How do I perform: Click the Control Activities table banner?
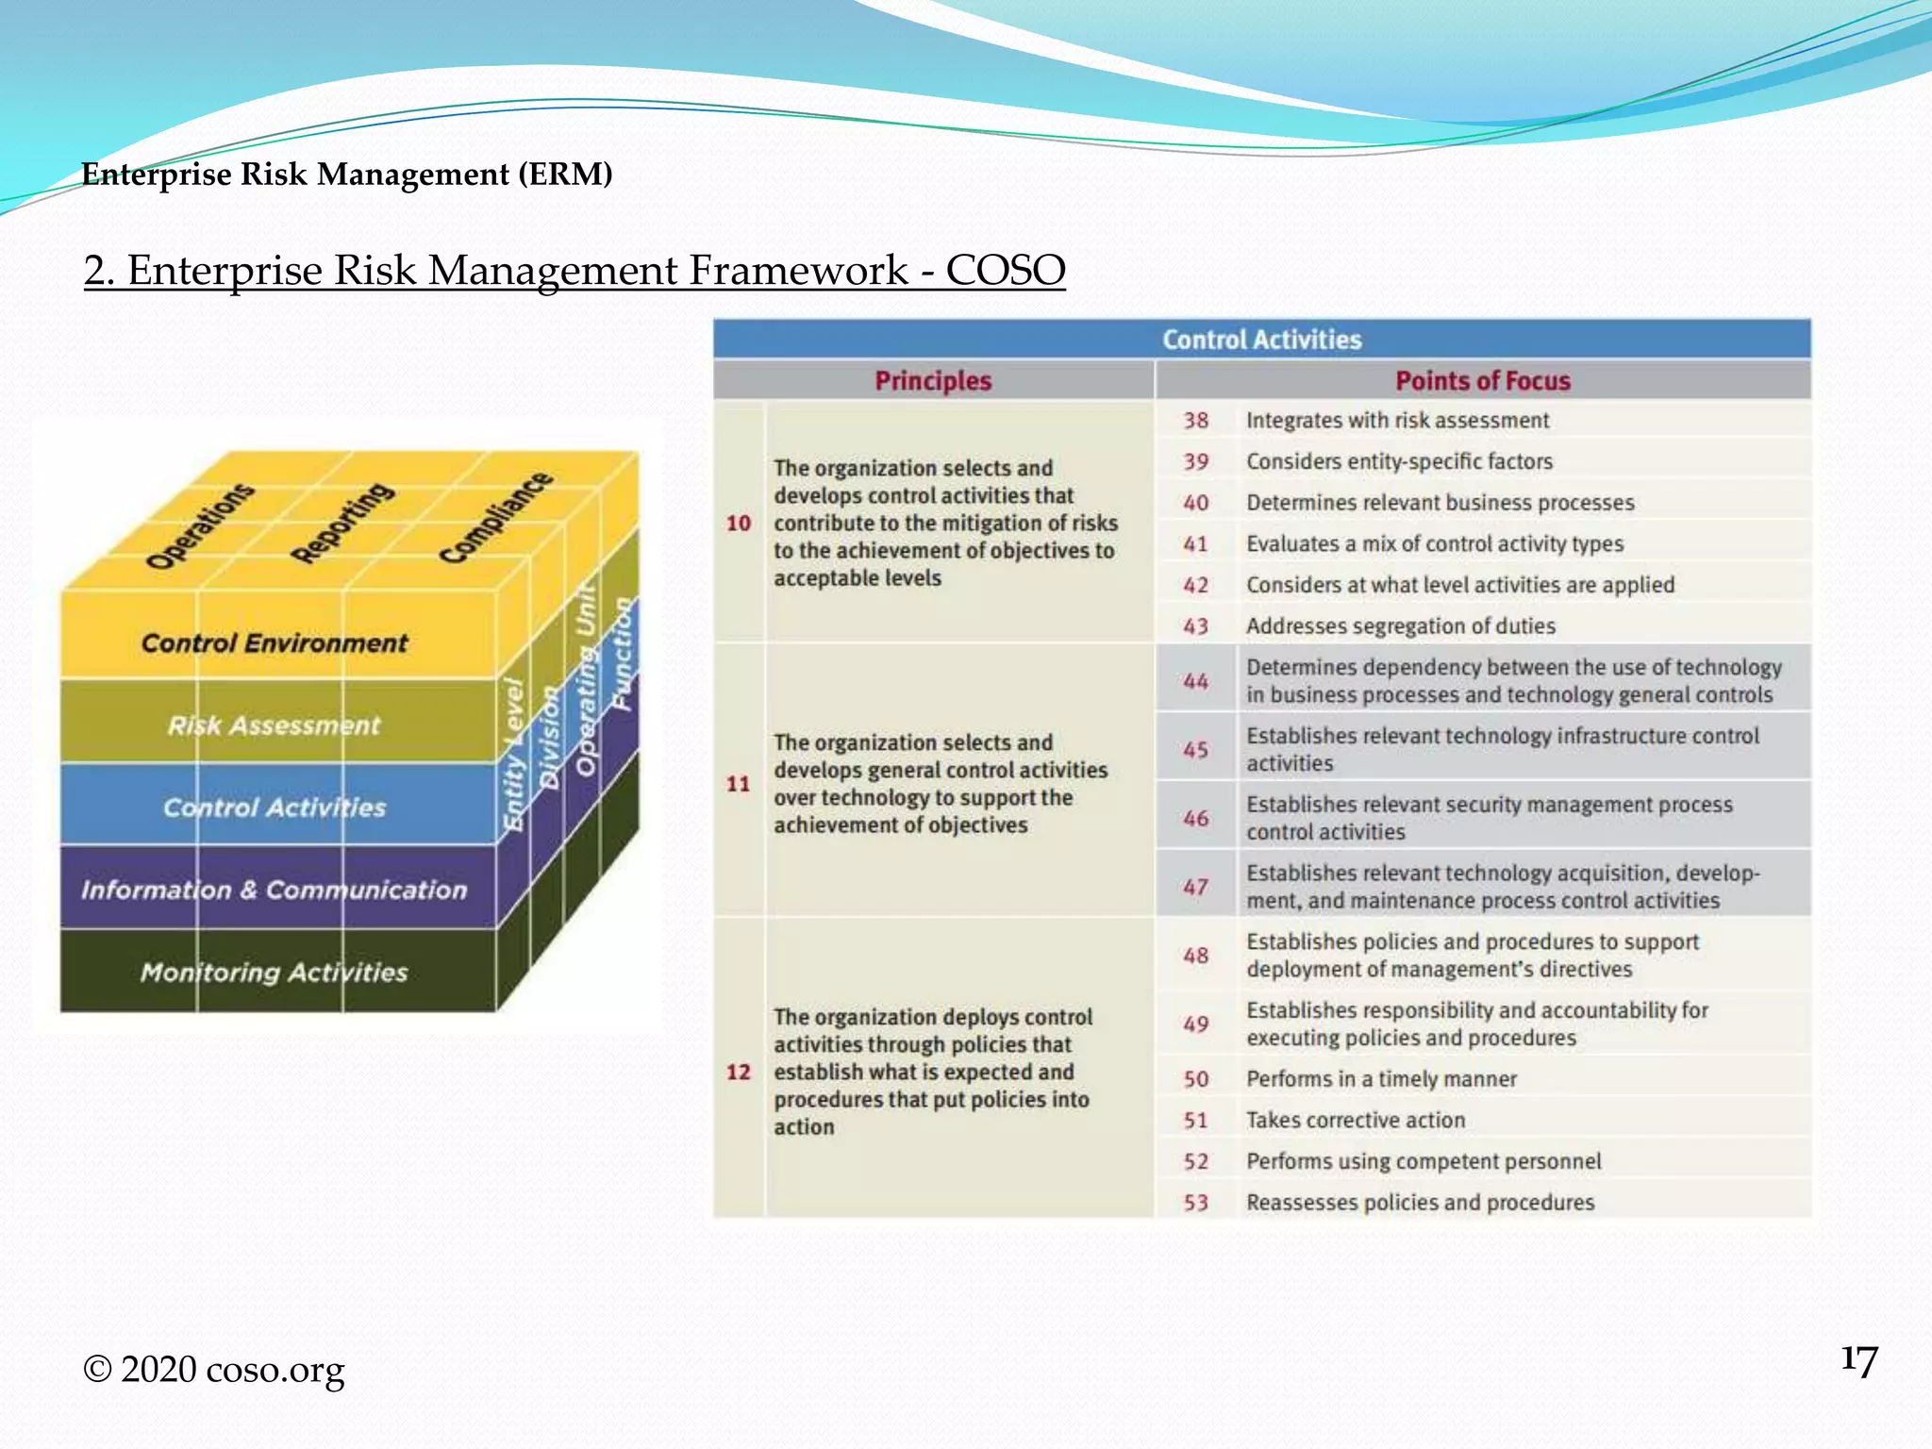coord(1261,340)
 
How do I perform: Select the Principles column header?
coord(933,381)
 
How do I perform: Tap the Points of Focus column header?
coord(1482,381)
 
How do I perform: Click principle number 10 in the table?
coord(739,524)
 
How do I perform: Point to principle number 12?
coord(739,1073)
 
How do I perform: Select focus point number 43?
coord(1195,626)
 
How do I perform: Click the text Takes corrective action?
coord(1356,1121)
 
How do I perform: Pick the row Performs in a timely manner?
coord(1381,1079)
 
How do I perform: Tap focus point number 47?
coord(1195,888)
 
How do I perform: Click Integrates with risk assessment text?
coord(1397,421)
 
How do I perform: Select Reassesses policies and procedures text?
coord(1420,1203)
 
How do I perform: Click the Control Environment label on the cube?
coord(275,643)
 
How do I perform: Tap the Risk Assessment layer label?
coord(275,725)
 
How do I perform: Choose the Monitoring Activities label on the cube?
coord(275,973)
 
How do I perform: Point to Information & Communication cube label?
coord(275,890)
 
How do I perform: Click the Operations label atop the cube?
coord(200,526)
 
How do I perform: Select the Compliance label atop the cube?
coord(496,517)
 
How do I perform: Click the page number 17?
coord(1858,1361)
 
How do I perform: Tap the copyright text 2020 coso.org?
coord(215,1370)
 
